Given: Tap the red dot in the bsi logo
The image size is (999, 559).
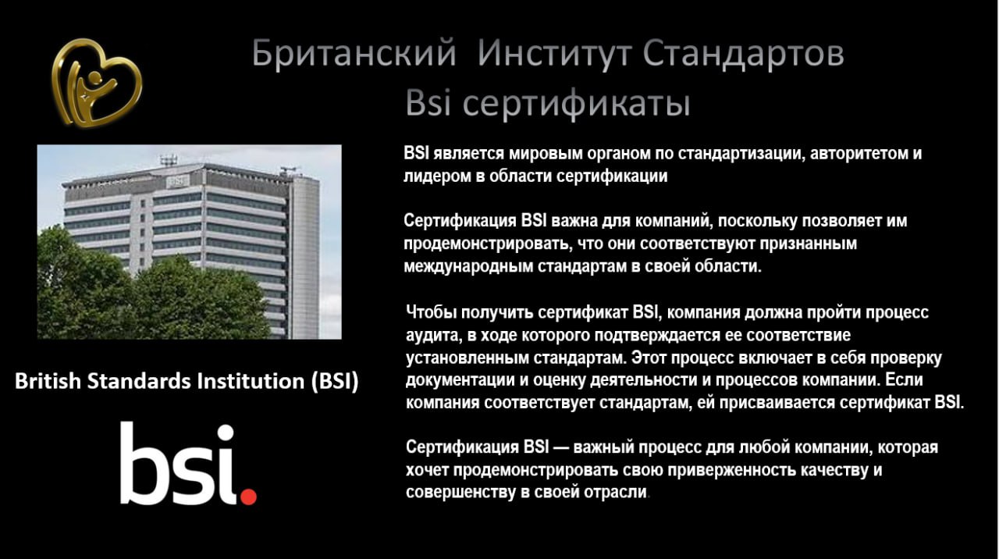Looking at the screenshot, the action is (x=248, y=497).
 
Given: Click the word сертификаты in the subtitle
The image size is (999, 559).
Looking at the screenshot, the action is (x=576, y=104).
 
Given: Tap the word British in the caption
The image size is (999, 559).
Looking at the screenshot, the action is (x=48, y=382).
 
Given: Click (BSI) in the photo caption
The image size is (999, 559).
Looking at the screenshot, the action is (x=335, y=382).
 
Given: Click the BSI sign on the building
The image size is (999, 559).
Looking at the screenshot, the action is (x=177, y=181).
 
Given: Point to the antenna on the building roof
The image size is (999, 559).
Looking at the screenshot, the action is (x=168, y=160).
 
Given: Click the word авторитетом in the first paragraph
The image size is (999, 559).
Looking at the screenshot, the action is (x=860, y=154).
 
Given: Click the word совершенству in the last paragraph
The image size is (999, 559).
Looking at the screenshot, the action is (x=460, y=493).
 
